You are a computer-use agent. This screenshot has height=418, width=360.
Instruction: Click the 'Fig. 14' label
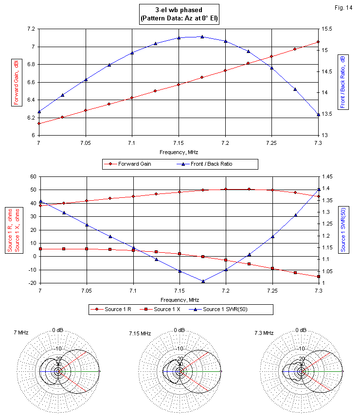point(344,8)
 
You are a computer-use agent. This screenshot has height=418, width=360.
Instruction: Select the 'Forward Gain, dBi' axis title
point(17,82)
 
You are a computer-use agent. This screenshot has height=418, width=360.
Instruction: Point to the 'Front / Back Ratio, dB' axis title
point(343,81)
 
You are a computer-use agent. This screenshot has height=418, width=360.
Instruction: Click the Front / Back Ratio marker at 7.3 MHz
point(318,115)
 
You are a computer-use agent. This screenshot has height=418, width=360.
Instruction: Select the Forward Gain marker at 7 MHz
point(38,123)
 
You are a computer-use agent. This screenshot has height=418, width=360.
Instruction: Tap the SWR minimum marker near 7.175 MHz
point(202,281)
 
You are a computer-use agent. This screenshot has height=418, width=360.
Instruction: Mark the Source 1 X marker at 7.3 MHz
point(319,277)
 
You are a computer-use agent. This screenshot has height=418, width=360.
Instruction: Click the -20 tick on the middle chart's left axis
point(32,283)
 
